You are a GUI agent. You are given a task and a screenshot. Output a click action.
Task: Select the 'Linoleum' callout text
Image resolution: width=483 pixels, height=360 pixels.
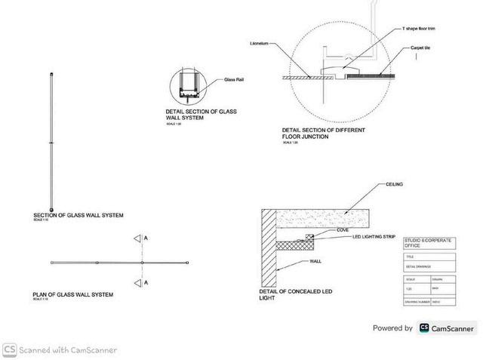pos(260,44)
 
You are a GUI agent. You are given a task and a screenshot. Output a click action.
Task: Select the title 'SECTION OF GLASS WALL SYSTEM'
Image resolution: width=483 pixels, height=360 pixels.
pos(78,216)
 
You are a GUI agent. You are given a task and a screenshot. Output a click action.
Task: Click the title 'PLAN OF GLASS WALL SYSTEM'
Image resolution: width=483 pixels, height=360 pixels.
pos(73,294)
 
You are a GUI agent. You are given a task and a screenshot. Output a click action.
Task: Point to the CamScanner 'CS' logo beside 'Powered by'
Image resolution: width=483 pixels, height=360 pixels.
pos(425,328)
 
